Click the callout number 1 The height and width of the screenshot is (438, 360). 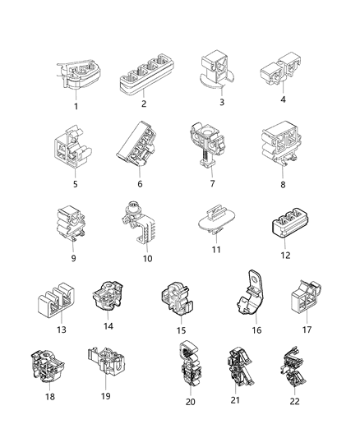click(76, 106)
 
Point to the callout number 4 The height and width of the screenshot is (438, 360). click(283, 100)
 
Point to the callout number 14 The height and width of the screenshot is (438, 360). click(108, 326)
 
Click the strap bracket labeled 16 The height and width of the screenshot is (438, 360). click(250, 300)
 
